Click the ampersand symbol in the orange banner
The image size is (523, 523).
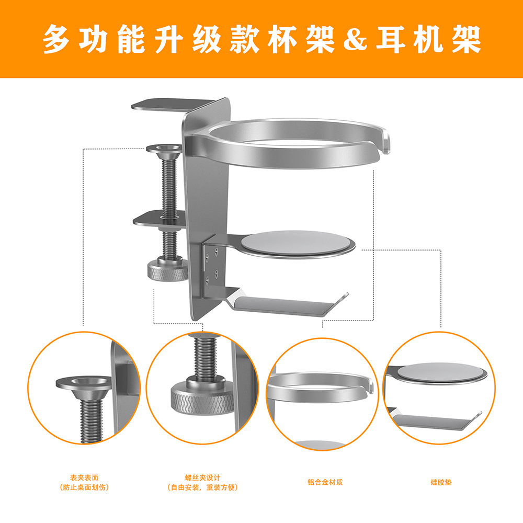pos(355,39)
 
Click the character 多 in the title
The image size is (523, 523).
pos(56,39)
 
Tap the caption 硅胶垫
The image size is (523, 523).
pos(441,482)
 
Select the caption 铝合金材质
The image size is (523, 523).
pos(325,482)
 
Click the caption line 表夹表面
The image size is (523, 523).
pos(84,477)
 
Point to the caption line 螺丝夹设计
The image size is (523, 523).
pos(203,477)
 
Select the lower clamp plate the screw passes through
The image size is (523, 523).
pos(159,220)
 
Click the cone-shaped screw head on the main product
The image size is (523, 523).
pos(164,150)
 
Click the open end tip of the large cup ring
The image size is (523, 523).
pos(385,143)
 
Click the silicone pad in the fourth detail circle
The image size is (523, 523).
pos(440,372)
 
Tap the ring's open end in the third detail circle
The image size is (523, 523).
pos(371,386)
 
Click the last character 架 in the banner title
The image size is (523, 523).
pos(467,39)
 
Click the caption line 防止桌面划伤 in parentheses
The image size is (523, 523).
pos(84,487)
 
